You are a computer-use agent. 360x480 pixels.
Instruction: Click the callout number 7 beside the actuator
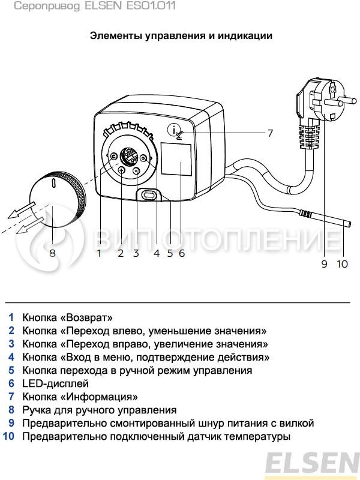pyautogui.click(x=270, y=133)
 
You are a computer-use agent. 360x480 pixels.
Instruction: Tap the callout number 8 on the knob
pyautogui.click(x=52, y=253)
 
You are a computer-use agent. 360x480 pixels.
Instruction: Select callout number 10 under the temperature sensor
pyautogui.click(x=342, y=264)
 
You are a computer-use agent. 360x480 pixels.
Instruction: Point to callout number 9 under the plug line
pyautogui.click(x=325, y=264)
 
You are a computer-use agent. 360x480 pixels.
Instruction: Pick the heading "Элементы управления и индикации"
pyautogui.click(x=181, y=36)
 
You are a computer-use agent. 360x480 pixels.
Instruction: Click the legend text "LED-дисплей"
pyautogui.click(x=55, y=383)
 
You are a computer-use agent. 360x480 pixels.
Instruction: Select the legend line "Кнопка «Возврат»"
pyautogui.click(x=67, y=317)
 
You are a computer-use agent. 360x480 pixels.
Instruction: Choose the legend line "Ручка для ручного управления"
pyautogui.click(x=100, y=410)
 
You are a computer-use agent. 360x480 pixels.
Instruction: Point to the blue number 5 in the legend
pyautogui.click(x=11, y=370)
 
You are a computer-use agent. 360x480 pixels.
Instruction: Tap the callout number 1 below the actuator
pyautogui.click(x=100, y=253)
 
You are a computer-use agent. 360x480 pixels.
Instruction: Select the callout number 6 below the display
pyautogui.click(x=181, y=253)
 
